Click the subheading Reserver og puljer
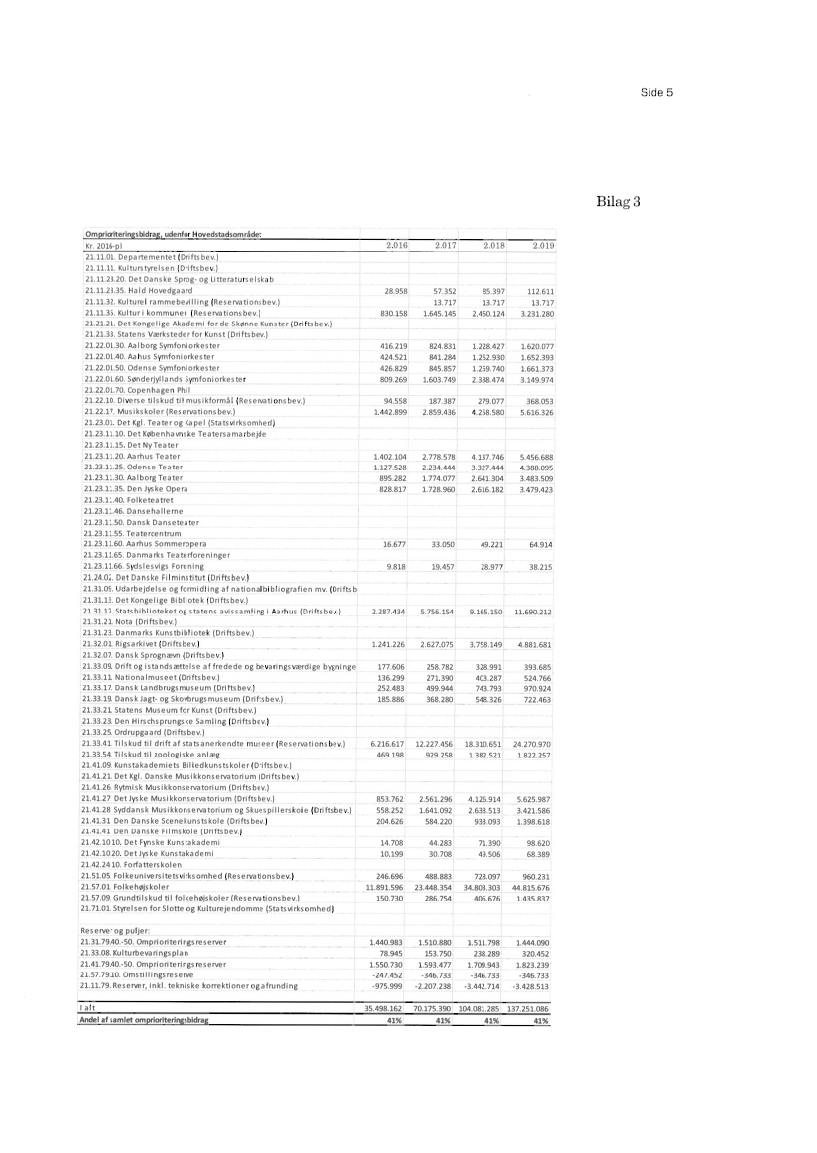[111, 903]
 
